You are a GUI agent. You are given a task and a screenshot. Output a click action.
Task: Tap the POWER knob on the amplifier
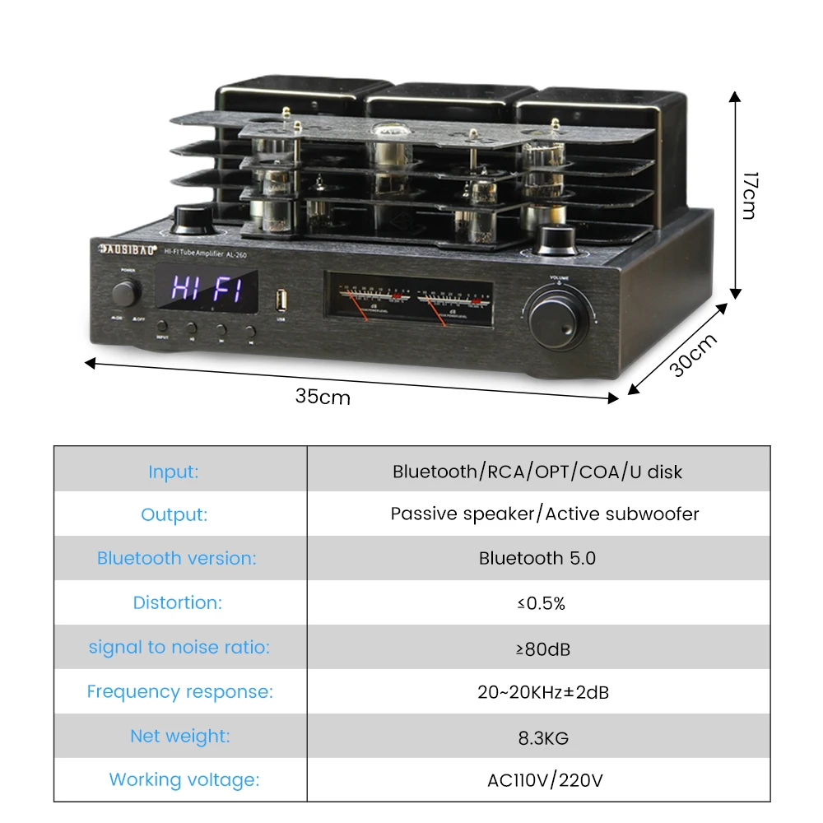(x=128, y=292)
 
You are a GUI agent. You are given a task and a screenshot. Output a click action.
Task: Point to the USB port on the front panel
(x=281, y=295)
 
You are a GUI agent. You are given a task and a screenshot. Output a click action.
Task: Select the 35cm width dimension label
(x=323, y=397)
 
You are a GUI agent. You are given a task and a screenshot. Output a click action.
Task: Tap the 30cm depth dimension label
(x=692, y=354)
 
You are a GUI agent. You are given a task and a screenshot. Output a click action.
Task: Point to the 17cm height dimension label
(x=748, y=195)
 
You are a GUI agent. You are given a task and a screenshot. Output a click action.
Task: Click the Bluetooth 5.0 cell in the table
(x=537, y=558)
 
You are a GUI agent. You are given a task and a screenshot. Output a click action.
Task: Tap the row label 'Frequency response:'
(x=179, y=691)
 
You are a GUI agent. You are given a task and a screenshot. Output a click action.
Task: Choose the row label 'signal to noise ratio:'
(x=179, y=647)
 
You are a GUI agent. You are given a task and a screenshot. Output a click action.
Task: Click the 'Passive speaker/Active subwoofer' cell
(x=544, y=514)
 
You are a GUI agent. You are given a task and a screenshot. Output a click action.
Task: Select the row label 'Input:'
(x=173, y=472)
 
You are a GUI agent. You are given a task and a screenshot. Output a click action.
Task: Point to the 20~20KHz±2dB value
(x=543, y=692)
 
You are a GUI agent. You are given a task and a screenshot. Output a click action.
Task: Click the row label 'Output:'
(x=174, y=514)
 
